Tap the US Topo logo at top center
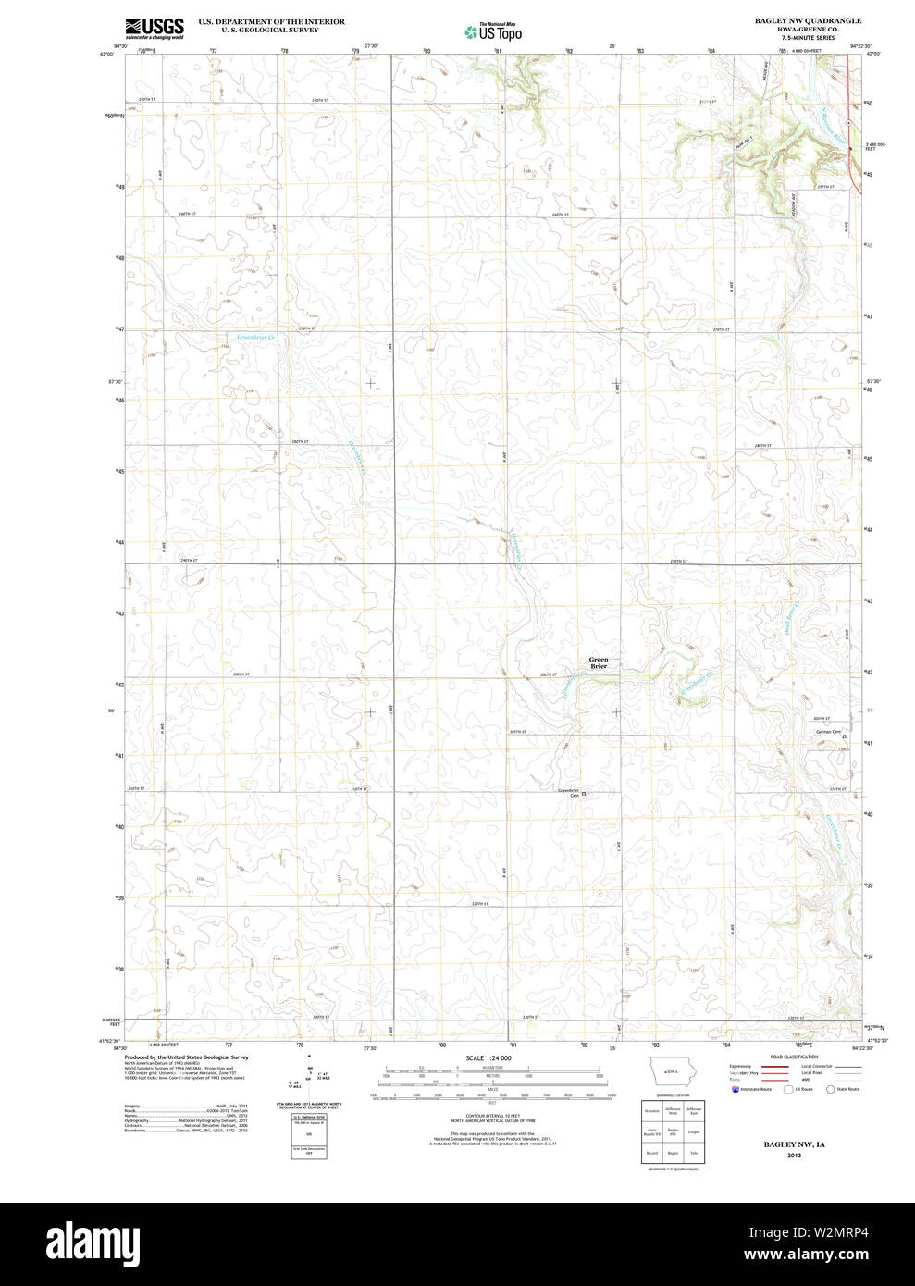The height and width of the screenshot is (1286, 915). (493, 32)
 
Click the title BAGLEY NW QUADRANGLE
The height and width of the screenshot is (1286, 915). (807, 20)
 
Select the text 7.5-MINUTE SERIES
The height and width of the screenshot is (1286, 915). (807, 37)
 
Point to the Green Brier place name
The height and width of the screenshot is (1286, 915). (599, 662)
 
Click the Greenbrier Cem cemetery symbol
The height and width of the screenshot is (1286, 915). (584, 794)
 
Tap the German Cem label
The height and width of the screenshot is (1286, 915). (827, 732)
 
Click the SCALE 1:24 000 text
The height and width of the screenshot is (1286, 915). (488, 1057)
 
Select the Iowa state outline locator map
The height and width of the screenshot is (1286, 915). (672, 1073)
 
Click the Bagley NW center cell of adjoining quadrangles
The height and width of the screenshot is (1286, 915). (673, 1131)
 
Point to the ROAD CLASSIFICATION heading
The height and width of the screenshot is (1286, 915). (794, 1057)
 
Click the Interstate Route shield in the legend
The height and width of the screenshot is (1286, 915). (736, 1089)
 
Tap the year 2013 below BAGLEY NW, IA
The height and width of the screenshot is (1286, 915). (794, 1156)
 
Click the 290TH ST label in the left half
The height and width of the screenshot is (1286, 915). (188, 560)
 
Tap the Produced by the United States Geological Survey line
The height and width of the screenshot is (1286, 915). (186, 1057)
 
